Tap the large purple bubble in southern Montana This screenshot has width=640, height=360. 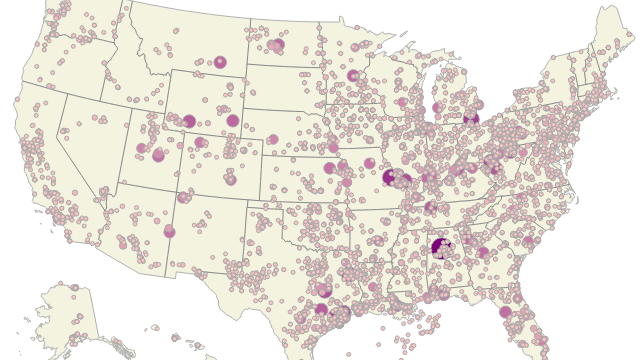(x=220, y=62)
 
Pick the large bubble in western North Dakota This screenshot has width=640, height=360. (x=277, y=44)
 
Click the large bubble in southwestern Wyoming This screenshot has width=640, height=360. (x=188, y=121)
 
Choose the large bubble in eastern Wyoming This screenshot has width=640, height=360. (x=233, y=120)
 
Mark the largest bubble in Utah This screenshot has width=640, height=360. (x=157, y=155)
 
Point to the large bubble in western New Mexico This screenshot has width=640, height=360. (x=170, y=231)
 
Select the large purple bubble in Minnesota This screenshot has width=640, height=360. (x=352, y=75)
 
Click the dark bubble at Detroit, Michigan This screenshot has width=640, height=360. (x=473, y=118)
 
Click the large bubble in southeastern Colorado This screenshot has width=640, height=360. (x=230, y=179)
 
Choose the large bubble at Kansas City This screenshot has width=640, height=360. (x=329, y=168)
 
